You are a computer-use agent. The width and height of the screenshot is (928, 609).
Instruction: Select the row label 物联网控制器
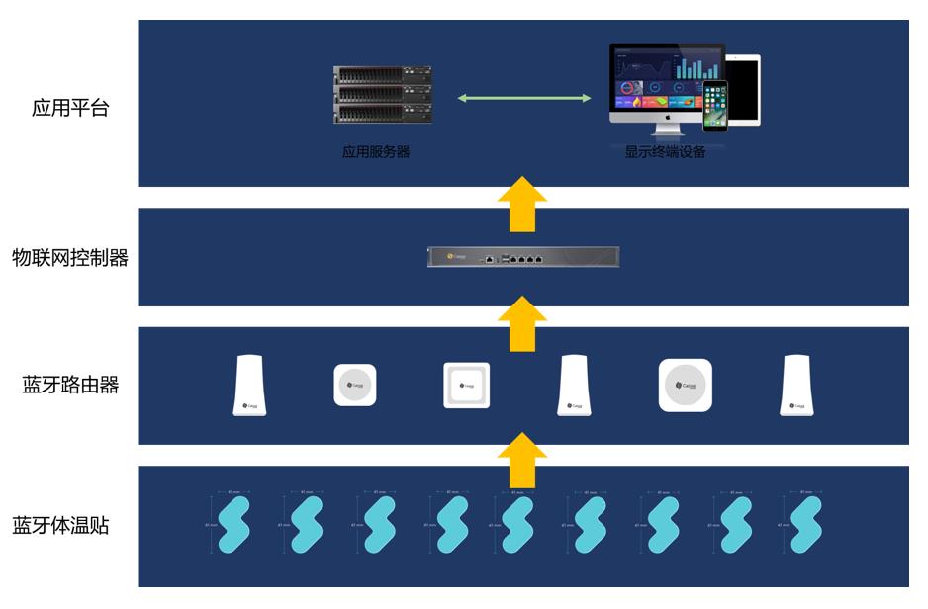tap(69, 259)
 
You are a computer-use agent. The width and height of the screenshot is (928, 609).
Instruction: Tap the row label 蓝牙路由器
tap(70, 386)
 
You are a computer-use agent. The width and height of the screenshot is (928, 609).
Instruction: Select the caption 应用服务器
tap(376, 153)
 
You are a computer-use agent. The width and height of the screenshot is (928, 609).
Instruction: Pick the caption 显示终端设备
tap(665, 153)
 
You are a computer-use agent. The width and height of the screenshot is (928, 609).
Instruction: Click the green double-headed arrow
tap(524, 98)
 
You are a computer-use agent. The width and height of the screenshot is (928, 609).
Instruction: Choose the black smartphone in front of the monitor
tap(715, 106)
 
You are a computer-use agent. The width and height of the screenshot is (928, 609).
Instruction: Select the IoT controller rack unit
tap(523, 257)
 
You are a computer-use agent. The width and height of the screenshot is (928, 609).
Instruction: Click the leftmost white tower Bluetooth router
tap(249, 385)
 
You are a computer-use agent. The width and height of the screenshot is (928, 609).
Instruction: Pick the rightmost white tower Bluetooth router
tap(796, 385)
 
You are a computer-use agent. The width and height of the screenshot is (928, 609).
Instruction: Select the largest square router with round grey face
tap(686, 386)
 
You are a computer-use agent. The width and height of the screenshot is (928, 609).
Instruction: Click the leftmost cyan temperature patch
tap(233, 524)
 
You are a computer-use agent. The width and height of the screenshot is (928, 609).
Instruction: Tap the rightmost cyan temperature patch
tap(806, 524)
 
